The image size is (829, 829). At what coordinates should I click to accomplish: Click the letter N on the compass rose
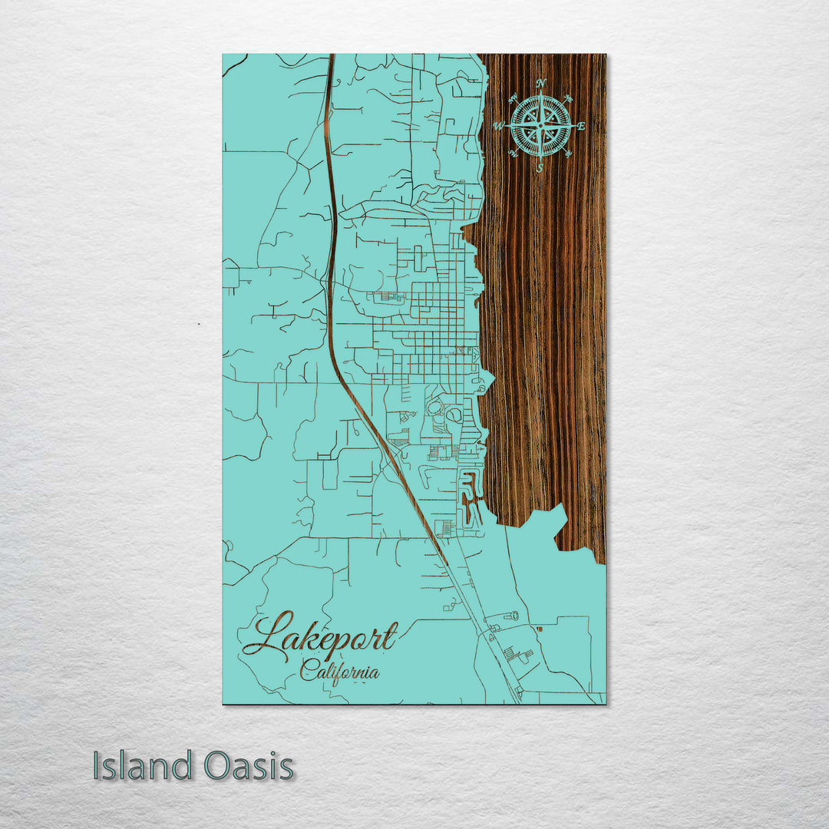tap(541, 83)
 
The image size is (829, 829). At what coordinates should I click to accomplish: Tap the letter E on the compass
tap(581, 126)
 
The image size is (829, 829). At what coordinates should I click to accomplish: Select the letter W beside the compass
tap(498, 126)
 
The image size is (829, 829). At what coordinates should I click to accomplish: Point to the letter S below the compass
tap(540, 167)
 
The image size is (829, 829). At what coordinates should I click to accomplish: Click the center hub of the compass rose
tap(541, 125)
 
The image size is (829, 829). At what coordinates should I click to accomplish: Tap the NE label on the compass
tap(569, 98)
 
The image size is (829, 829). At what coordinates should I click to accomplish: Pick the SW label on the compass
tap(514, 154)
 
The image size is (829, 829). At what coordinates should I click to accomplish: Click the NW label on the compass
tap(513, 97)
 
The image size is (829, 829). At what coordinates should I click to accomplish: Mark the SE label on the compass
tap(568, 154)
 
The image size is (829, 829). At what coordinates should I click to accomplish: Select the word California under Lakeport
tap(339, 672)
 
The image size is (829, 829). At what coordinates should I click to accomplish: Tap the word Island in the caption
tap(143, 766)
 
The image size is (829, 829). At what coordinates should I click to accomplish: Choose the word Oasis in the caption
tap(249, 766)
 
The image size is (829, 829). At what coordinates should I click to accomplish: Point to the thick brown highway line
tap(331, 230)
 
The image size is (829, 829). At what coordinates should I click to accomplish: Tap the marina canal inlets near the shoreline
tap(468, 499)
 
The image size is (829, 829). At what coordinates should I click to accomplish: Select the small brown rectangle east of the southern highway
tap(540, 629)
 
